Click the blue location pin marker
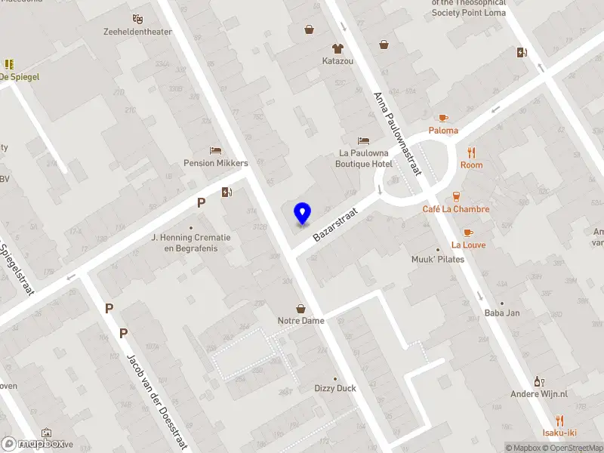tap(302, 214)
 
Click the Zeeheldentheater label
tap(138, 32)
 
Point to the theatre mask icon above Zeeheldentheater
tap(137, 18)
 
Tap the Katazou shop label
tap(337, 60)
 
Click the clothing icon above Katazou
tap(337, 47)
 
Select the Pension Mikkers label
tap(216, 163)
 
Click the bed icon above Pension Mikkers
tap(215, 150)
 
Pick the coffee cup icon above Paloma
tap(443, 118)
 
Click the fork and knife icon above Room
tap(472, 152)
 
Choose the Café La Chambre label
tap(456, 209)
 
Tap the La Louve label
tap(468, 245)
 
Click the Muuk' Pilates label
tap(438, 259)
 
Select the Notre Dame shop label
tap(301, 321)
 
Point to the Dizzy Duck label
tap(335, 388)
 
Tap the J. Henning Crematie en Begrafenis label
tap(191, 242)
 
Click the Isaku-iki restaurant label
tap(559, 433)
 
